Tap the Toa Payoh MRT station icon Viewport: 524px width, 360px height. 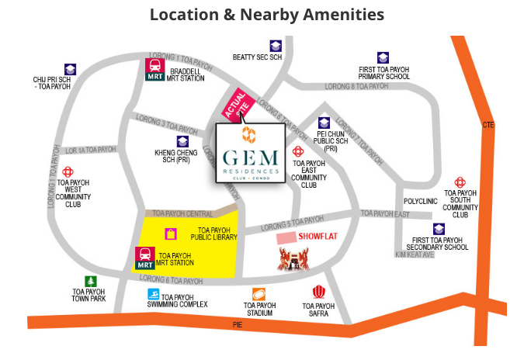click(x=145, y=258)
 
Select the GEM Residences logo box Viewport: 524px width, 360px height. click(x=248, y=151)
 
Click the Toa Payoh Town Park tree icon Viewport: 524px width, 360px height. click(x=91, y=282)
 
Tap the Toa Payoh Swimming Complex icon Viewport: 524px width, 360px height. click(x=154, y=294)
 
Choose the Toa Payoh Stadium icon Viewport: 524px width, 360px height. click(x=259, y=294)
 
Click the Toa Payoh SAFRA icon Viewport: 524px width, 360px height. click(x=318, y=292)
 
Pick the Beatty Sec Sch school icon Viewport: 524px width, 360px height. click(x=276, y=46)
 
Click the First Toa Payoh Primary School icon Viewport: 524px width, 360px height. click(x=383, y=57)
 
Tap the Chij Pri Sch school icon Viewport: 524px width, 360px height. click(x=71, y=69)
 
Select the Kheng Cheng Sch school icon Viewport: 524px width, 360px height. click(x=182, y=141)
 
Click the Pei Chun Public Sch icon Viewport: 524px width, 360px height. click(x=324, y=123)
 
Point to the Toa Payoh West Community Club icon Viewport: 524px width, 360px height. click(x=68, y=171)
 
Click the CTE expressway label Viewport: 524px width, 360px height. click(x=488, y=124)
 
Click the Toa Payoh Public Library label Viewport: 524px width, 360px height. click(x=214, y=235)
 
